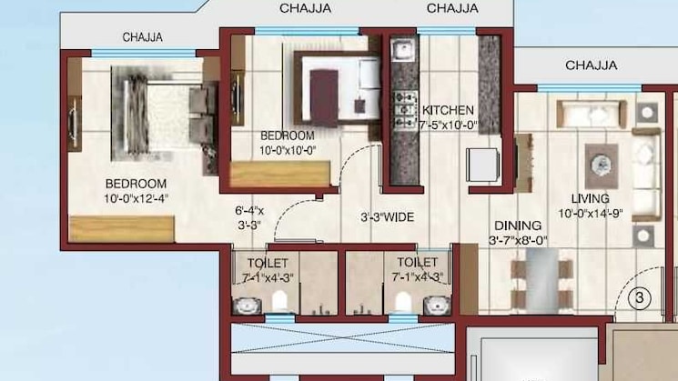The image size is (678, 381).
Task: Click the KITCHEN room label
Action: pos(448,110)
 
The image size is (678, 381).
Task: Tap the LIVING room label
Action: pos(590,198)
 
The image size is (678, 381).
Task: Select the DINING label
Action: pos(518,226)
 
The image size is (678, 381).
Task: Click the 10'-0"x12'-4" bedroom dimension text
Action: pos(135,196)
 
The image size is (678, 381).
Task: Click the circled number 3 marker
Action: pos(640,297)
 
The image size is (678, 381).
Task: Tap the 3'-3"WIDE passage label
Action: pos(388,218)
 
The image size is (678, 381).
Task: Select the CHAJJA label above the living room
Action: pos(591,65)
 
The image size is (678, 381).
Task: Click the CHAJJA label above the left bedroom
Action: pos(143,37)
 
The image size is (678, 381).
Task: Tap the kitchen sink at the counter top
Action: pos(401,50)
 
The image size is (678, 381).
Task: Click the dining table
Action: pos(544,283)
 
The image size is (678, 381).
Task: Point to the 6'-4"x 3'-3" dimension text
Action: pos(249,218)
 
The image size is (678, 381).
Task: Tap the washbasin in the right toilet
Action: pos(435,302)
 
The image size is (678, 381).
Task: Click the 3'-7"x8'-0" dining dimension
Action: pos(518,241)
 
